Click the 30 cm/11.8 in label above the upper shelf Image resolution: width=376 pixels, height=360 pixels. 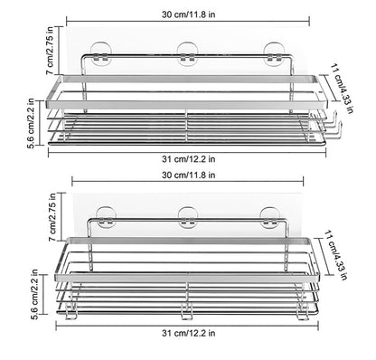189,14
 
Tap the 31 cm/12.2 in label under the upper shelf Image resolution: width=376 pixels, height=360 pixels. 189,159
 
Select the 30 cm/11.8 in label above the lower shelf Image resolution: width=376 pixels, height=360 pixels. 189,175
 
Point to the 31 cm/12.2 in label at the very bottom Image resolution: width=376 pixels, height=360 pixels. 189,333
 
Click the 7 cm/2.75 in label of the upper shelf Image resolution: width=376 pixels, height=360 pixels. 50,51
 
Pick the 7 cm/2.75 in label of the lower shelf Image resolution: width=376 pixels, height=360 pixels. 52,217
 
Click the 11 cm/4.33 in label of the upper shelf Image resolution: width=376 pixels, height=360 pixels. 342,88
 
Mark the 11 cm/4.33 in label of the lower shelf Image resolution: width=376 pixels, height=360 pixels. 335,255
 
